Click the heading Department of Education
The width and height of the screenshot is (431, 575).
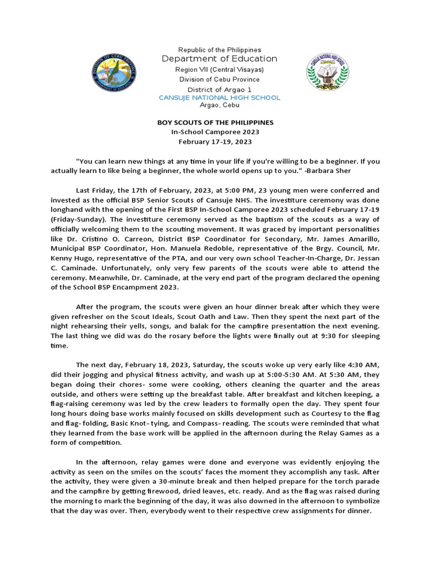click(219, 59)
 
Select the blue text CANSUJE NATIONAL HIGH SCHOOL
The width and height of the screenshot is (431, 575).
click(219, 98)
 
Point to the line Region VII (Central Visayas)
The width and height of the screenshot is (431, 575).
click(219, 70)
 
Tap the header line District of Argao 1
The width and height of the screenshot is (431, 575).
click(219, 89)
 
